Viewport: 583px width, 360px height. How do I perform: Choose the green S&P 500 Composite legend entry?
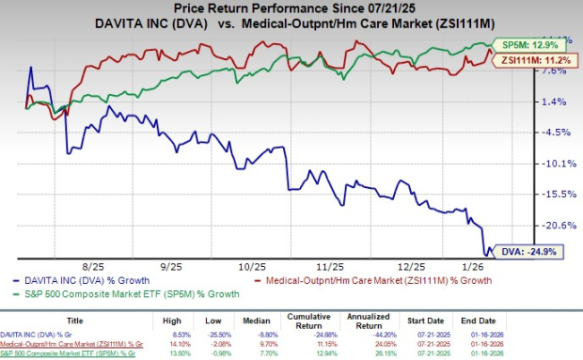(122, 292)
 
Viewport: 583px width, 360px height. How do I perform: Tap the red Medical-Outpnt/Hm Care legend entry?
(394, 280)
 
